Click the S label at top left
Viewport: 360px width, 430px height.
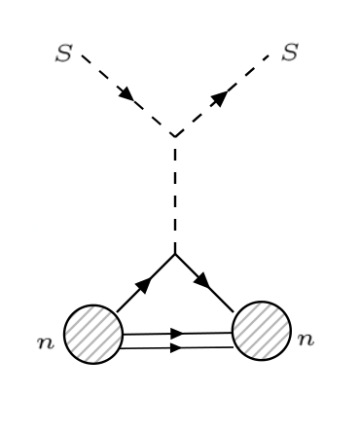63,54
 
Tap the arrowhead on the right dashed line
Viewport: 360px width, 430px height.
221,96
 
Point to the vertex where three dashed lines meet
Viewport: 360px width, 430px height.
174,135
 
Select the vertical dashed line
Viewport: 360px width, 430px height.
174,195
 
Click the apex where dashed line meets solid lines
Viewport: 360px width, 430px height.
174,254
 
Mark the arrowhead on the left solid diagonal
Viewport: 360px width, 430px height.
144,284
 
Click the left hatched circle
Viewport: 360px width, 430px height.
92,334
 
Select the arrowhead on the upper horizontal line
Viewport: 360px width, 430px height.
176,333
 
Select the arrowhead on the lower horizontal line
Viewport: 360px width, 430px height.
176,346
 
